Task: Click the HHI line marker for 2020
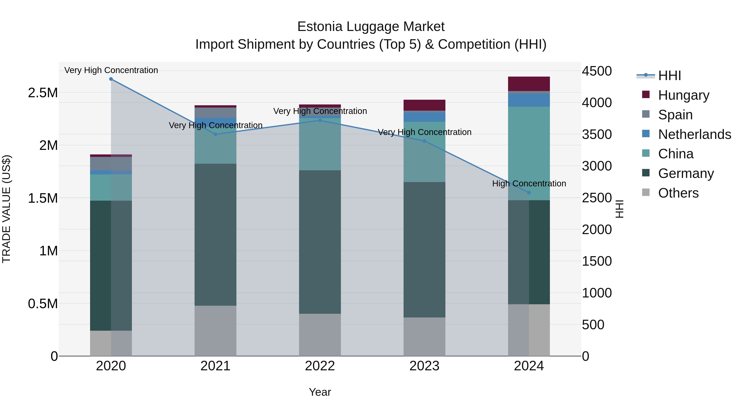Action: pyautogui.click(x=111, y=79)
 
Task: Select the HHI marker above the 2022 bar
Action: pyautogui.click(x=320, y=120)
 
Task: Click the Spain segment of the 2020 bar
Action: pyautogui.click(x=111, y=163)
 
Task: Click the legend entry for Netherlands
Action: pyautogui.click(x=694, y=134)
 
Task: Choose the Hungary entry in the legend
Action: pyautogui.click(x=683, y=95)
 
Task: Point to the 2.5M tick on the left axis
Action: pyautogui.click(x=43, y=93)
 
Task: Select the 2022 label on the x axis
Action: pyautogui.click(x=320, y=366)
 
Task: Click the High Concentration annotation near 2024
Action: pyautogui.click(x=529, y=184)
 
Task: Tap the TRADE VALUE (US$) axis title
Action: pyautogui.click(x=6, y=209)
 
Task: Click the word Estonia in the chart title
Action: pyautogui.click(x=319, y=27)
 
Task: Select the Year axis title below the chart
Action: pyautogui.click(x=320, y=392)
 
